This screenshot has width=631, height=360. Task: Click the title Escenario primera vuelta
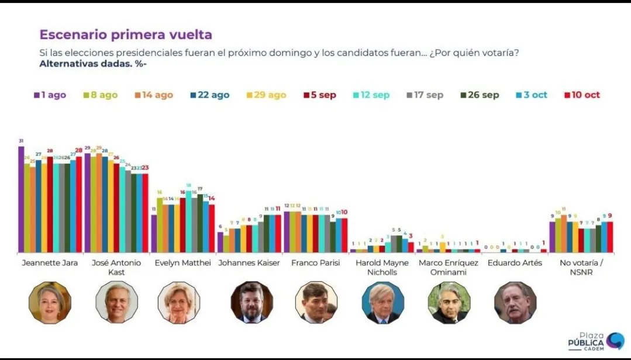point(125,34)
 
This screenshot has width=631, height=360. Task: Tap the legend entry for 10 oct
point(582,95)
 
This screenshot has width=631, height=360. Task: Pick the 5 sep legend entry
point(319,95)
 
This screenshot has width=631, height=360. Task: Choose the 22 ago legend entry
point(209,95)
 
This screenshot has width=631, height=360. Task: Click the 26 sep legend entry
point(479,95)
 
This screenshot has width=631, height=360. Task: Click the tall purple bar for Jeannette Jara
point(21,199)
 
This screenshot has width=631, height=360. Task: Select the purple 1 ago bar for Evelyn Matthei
point(154,233)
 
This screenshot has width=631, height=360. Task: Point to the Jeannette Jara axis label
point(50,263)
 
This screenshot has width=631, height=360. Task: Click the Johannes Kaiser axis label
point(249,263)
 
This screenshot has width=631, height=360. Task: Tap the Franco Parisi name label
point(316,263)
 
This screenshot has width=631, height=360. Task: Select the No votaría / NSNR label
point(581,267)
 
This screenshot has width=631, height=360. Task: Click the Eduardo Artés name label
point(515,263)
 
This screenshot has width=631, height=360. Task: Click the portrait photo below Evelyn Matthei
point(179,303)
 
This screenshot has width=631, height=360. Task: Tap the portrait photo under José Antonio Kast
point(116,303)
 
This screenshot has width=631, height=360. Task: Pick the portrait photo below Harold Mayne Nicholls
point(383,303)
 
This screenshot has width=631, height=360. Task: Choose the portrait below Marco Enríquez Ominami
point(449,303)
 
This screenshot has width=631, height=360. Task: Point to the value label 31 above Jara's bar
point(21,141)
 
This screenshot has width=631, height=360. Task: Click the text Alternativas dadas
point(93,64)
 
